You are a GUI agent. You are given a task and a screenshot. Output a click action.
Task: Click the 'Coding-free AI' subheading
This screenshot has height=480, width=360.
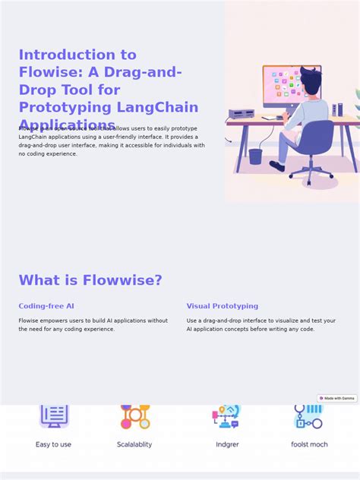pos(46,306)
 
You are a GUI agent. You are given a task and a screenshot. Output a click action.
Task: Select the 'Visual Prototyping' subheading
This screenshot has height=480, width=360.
pos(223,306)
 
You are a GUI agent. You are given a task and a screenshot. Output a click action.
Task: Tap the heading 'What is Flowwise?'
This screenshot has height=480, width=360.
pos(90,280)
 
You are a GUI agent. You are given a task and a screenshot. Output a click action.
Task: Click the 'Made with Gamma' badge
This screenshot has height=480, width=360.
pos(337,398)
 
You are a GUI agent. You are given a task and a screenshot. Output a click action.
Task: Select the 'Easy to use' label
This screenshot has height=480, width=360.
pos(53,444)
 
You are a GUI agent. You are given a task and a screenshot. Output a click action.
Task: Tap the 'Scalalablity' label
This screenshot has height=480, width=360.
pos(134,444)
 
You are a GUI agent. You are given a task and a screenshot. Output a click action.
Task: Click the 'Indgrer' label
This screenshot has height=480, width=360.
pos(227,444)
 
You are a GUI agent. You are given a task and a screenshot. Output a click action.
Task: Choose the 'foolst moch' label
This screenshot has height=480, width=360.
pos(309,444)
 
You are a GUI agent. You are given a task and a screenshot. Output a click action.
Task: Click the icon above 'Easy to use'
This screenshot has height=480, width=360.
pos(54,416)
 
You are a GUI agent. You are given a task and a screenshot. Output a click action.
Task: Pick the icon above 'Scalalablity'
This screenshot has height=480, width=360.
pos(135,416)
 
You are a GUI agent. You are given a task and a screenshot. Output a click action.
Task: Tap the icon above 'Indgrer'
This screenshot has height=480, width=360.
pos(226,416)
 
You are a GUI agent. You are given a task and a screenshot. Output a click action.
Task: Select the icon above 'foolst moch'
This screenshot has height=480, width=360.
pos(309,416)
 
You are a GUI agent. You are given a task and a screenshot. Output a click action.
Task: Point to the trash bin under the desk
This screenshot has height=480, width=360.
pos(255,156)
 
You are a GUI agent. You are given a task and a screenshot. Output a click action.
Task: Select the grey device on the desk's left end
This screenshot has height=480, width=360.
pos(242,114)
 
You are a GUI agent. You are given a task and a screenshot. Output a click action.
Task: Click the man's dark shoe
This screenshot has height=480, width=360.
pos(276,166)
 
